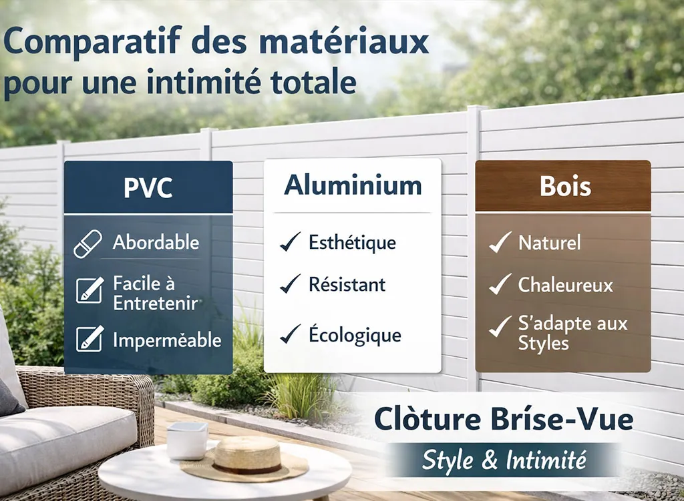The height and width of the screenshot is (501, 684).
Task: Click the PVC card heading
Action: (148, 187)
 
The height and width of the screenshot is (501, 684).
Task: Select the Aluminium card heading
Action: (353, 185)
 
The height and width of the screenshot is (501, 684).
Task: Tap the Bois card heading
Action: (565, 186)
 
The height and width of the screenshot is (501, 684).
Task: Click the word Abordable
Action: (156, 242)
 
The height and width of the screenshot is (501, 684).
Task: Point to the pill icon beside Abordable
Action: (88, 243)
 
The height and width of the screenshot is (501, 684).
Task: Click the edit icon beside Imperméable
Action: (90, 338)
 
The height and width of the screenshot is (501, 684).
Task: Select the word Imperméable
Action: (166, 340)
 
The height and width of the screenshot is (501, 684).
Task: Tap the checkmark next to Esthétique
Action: (290, 243)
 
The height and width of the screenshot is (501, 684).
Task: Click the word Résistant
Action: (347, 285)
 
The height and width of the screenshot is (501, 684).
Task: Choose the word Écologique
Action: (355, 335)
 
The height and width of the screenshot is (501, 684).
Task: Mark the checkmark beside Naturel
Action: (500, 243)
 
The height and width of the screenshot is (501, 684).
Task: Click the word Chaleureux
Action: (565, 286)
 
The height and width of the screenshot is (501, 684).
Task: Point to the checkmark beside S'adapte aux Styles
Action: (500, 327)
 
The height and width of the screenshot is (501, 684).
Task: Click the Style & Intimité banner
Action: (504, 460)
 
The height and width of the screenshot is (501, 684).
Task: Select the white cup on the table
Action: (187, 440)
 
